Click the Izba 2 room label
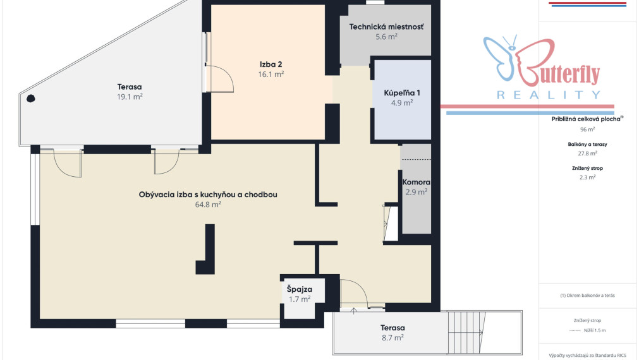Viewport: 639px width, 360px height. [271, 64]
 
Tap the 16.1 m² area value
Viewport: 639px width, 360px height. [271, 74]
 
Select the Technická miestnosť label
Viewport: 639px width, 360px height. [386, 27]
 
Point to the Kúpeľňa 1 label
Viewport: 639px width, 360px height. [402, 93]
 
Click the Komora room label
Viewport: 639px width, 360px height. [416, 182]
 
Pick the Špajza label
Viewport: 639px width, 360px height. [300, 289]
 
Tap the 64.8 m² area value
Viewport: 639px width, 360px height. [208, 205]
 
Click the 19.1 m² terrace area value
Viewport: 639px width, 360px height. [130, 97]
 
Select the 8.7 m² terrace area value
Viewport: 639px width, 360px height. [393, 338]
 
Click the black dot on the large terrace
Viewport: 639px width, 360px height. [30, 98]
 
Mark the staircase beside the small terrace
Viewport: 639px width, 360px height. [466, 332]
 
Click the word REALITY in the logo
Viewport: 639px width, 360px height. [549, 95]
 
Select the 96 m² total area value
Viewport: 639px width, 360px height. [587, 129]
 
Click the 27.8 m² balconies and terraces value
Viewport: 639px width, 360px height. [587, 153]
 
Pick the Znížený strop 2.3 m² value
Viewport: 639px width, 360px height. [587, 177]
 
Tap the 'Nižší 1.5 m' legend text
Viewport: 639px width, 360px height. [595, 330]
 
